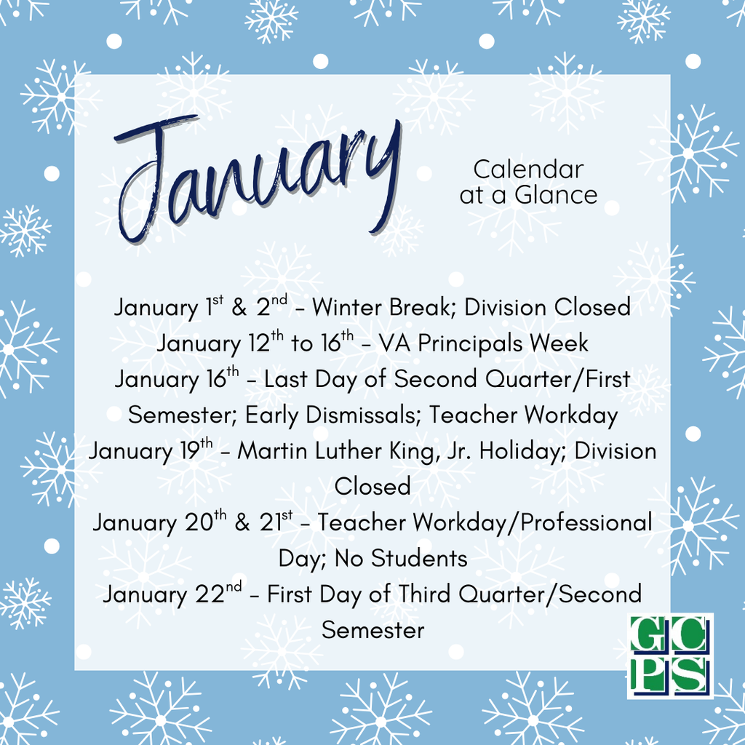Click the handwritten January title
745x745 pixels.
point(258,178)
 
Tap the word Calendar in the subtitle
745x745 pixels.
point(528,170)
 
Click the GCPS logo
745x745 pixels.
point(669,656)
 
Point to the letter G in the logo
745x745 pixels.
point(648,637)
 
